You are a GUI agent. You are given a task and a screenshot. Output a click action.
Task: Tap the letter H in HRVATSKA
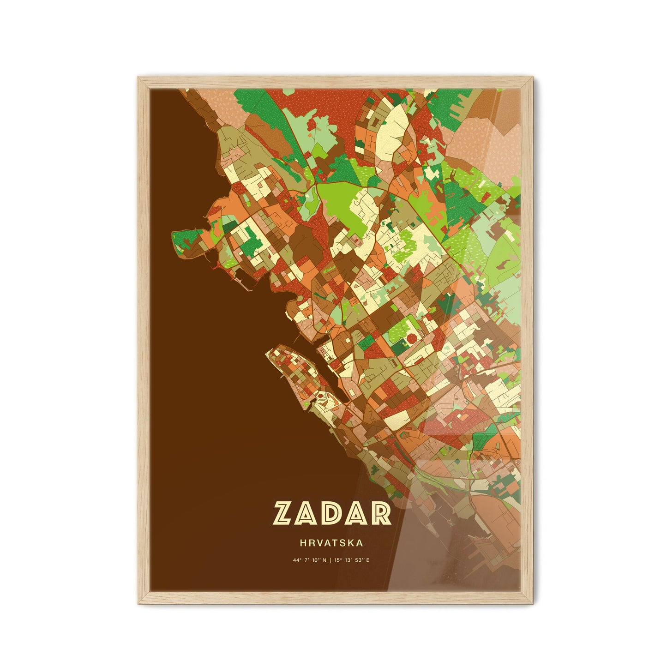[302, 543]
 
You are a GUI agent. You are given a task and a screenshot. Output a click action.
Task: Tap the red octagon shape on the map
[409, 340]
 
